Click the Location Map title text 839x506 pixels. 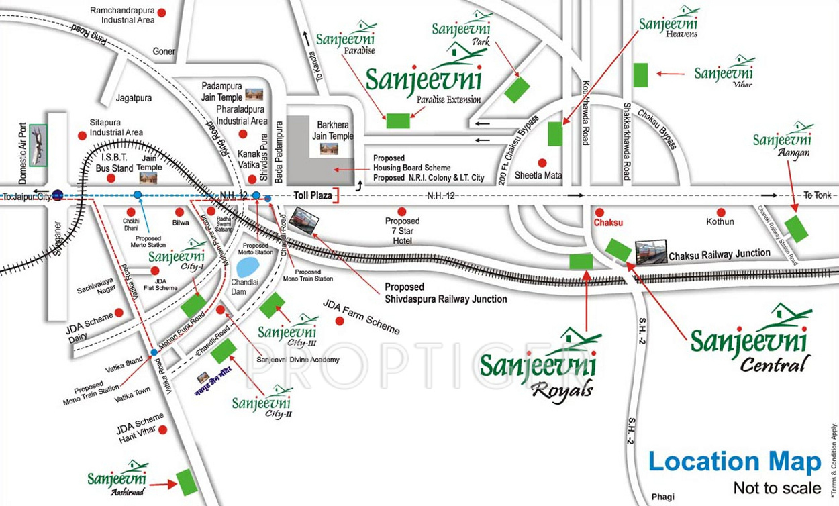[734, 462]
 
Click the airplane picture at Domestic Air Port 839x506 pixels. [39, 145]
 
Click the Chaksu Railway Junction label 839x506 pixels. [720, 254]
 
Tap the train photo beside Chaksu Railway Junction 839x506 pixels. [651, 252]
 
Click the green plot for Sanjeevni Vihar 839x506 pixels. [640, 74]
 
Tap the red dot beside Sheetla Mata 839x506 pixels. [542, 163]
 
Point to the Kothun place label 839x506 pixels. [720, 221]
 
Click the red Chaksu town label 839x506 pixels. [608, 222]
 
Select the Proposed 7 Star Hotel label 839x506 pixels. [402, 230]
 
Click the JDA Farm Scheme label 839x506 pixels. [362, 317]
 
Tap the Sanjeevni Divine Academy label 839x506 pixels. [297, 360]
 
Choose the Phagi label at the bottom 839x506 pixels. [662, 497]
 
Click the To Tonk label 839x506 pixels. [817, 195]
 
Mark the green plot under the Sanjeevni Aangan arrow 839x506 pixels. [797, 229]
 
